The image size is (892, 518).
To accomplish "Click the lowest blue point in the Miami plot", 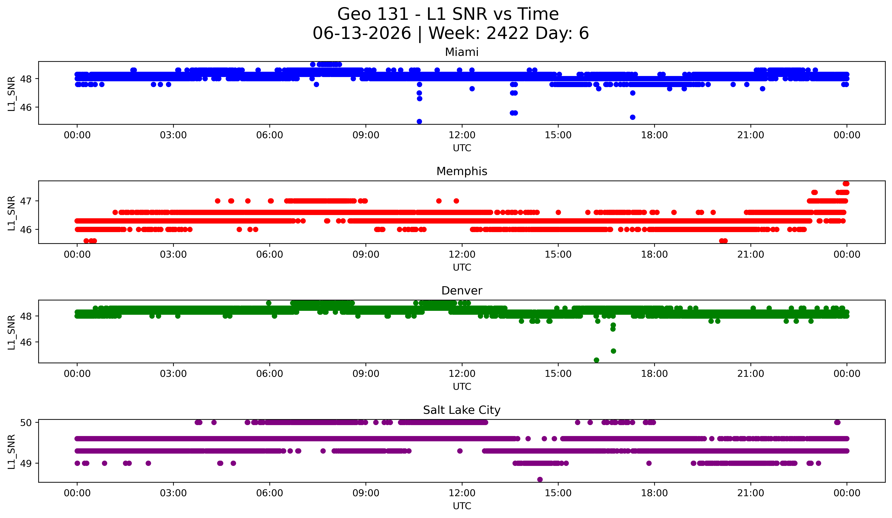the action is pos(419,121).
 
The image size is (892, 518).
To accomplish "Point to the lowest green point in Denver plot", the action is pos(596,360).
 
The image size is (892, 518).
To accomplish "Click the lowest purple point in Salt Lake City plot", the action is pos(540,479).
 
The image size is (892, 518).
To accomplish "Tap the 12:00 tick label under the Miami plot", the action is pos(462,135).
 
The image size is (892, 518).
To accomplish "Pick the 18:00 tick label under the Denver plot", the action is pos(655,374).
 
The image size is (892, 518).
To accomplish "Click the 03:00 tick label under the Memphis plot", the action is pos(173,255).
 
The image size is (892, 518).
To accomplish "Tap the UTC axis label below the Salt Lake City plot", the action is pos(462,506).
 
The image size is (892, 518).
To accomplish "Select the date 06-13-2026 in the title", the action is pos(362,33).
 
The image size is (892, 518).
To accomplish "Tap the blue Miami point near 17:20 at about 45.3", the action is pos(633,117).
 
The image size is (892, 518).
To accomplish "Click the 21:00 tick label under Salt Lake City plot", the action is pos(751,493).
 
